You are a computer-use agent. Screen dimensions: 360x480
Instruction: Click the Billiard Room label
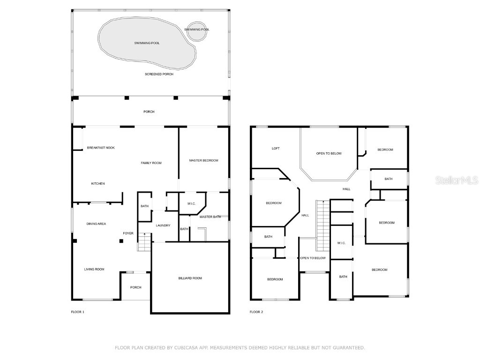point(190,278)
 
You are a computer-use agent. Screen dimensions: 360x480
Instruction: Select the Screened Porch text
point(159,74)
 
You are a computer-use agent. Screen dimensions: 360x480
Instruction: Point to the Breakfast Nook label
point(101,148)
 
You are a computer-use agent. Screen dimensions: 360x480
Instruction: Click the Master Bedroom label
point(203,160)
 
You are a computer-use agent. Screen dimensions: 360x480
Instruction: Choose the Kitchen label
point(98,183)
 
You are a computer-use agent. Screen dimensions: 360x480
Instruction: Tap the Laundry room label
point(163,225)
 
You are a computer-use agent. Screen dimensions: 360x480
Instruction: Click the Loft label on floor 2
point(276,148)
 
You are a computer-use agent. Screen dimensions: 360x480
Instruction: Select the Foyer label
point(128,233)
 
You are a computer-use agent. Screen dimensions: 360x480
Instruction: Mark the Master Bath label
point(210,217)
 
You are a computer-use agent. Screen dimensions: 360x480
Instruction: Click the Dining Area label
point(96,224)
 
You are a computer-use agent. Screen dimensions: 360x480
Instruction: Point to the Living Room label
point(94,269)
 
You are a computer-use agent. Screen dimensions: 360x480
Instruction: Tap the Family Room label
point(151,163)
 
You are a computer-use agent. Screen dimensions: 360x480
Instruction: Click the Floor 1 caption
point(77,312)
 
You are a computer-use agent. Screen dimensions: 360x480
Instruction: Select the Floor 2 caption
point(256,312)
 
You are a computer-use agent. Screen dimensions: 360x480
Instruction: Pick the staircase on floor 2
point(322,225)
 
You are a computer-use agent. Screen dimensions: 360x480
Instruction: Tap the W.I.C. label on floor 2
point(341,243)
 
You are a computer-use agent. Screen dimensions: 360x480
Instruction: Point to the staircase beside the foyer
point(145,243)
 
